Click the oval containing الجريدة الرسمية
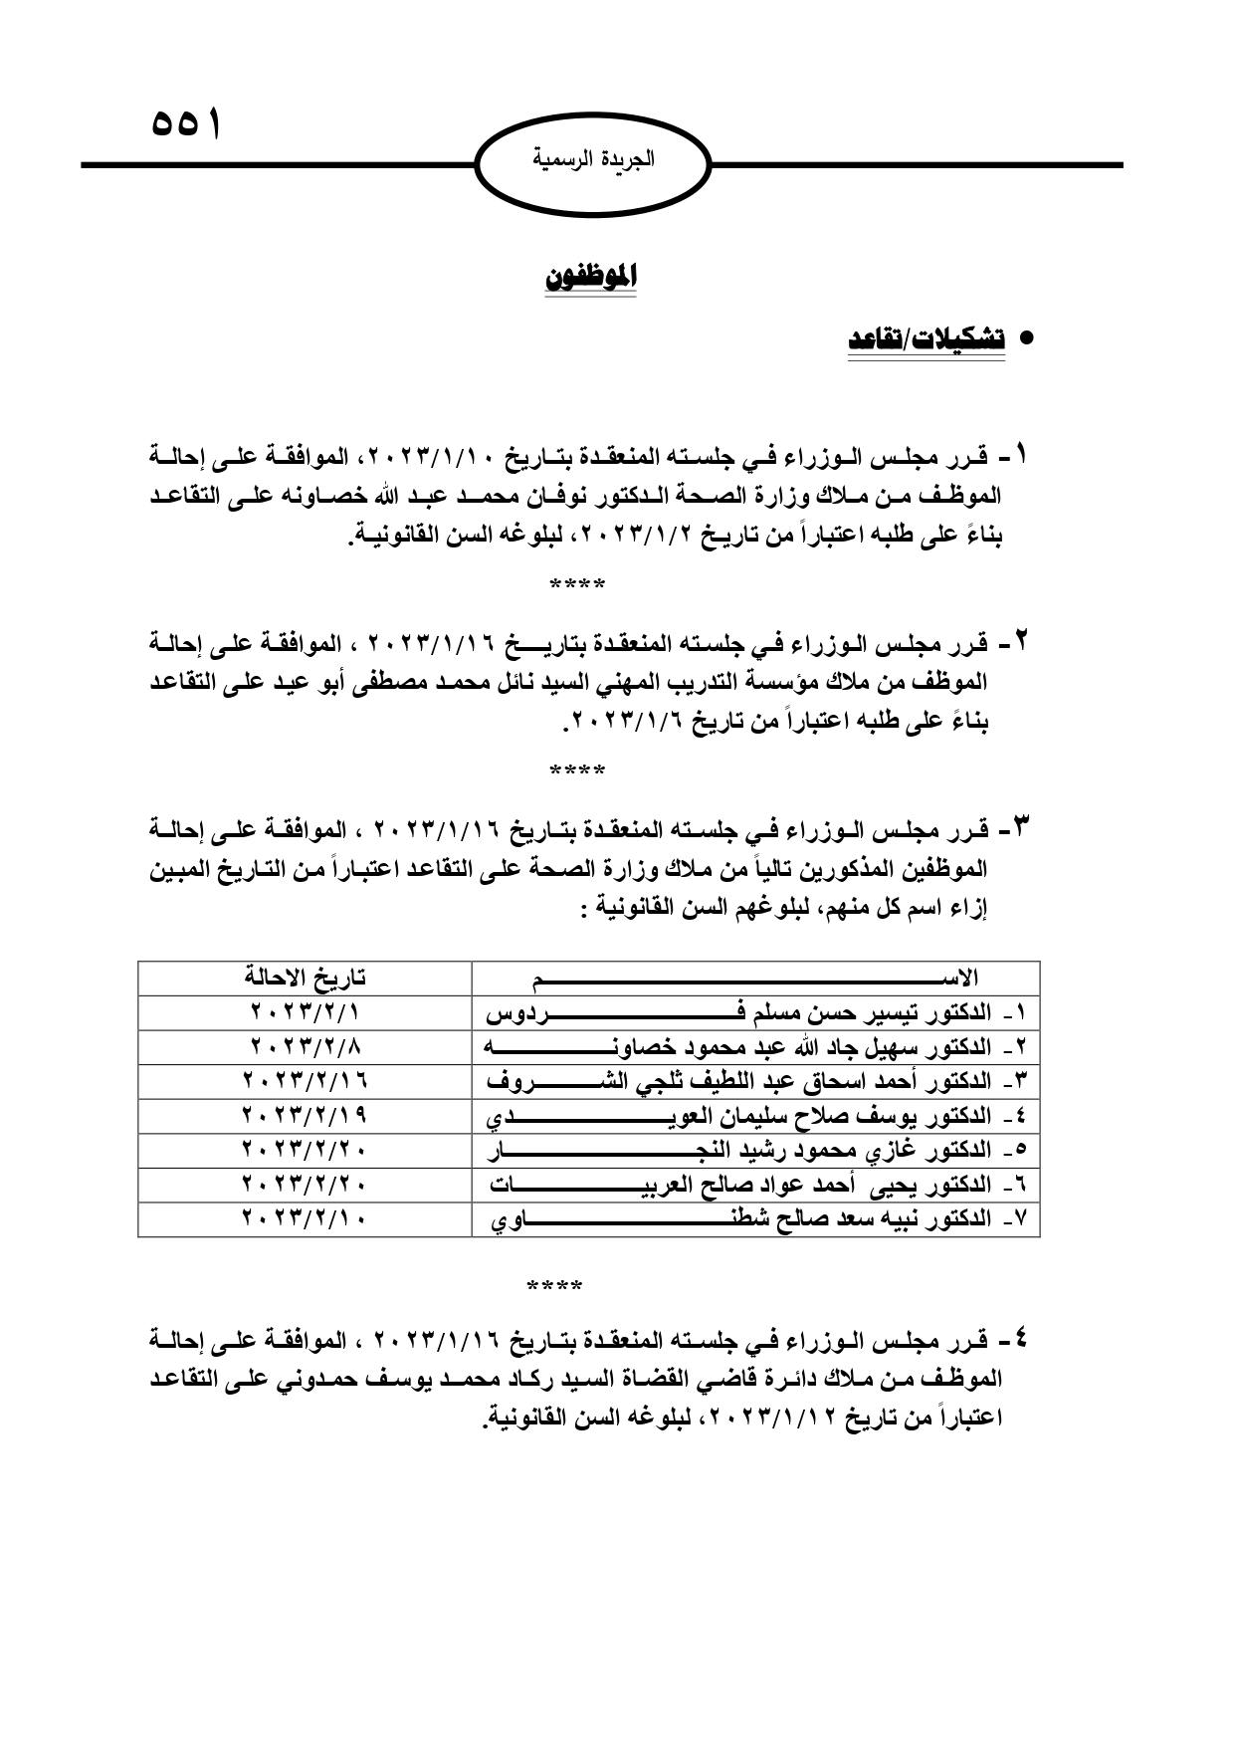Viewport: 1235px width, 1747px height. (x=594, y=160)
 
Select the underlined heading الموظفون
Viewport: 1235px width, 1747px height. (x=590, y=278)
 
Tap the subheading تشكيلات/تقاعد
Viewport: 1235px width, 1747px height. (x=926, y=338)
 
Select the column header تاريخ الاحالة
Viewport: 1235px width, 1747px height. (x=305, y=978)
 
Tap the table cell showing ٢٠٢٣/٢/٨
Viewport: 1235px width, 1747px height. (x=305, y=1047)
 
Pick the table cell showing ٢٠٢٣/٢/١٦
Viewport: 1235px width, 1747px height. (x=305, y=1081)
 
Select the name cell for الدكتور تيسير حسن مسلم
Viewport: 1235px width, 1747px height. (x=756, y=1013)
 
